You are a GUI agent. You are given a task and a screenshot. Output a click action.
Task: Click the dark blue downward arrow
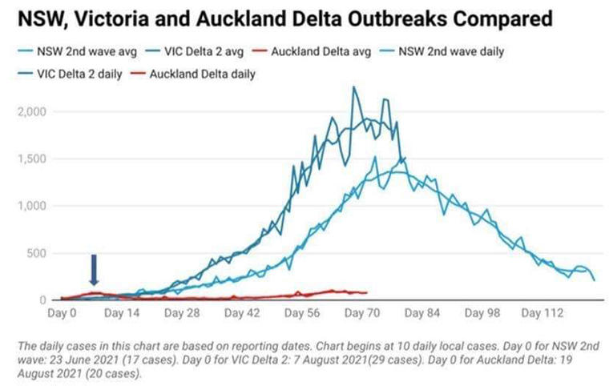(x=94, y=270)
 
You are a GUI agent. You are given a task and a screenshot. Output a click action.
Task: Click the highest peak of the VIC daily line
(x=353, y=87)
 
